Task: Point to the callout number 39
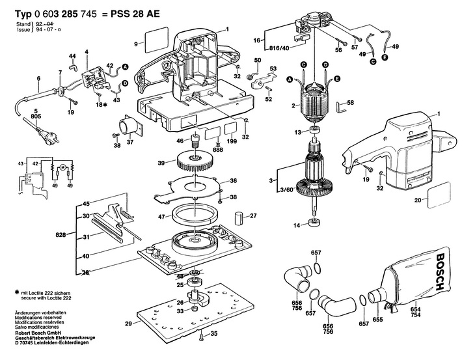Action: pyautogui.click(x=152, y=163)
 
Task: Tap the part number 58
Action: pyautogui.click(x=350, y=104)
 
